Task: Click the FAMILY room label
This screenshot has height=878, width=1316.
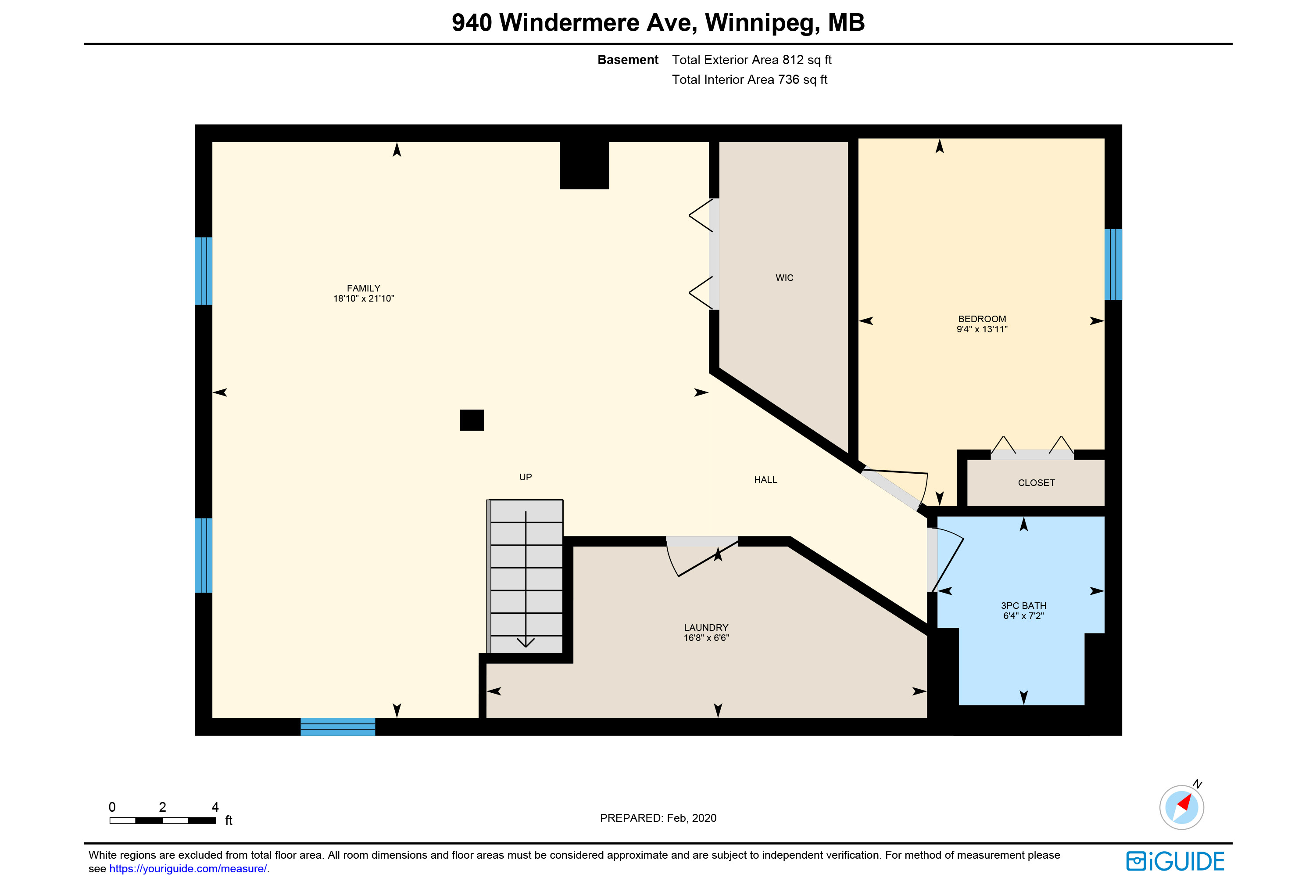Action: coord(363,288)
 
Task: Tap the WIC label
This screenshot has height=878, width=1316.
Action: coord(784,278)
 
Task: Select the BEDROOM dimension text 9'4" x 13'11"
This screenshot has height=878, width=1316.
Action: coord(982,329)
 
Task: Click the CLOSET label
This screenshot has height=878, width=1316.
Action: coord(1036,482)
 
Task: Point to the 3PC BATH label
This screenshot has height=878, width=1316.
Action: coord(1023,606)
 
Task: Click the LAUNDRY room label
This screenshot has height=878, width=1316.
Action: coord(706,628)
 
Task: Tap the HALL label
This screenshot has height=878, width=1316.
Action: coord(765,480)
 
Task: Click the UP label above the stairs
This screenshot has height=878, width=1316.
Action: coord(526,477)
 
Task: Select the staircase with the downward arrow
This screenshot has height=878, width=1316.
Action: coord(525,576)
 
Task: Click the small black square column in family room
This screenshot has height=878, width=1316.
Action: coord(472,420)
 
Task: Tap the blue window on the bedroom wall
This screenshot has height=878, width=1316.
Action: coord(1113,264)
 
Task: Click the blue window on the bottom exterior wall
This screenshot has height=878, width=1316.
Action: coord(337,726)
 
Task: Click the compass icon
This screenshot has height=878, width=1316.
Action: coord(1182,806)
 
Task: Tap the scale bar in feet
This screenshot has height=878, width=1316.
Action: coord(163,820)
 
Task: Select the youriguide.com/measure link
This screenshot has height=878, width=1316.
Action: coord(188,868)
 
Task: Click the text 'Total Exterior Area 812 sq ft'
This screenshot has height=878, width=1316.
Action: coord(751,60)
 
